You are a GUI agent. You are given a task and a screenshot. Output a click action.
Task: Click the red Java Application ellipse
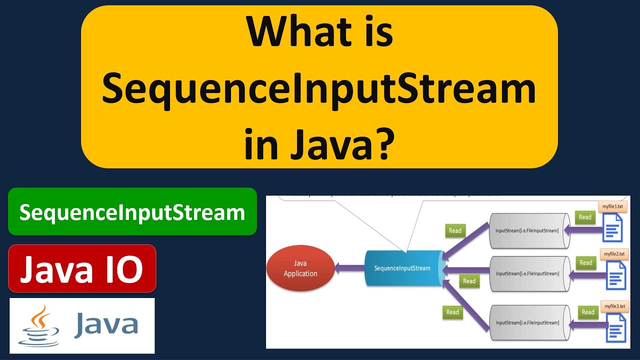(300, 268)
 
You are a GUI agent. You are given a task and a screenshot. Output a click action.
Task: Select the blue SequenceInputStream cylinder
(402, 268)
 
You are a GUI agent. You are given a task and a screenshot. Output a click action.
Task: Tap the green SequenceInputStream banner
(132, 212)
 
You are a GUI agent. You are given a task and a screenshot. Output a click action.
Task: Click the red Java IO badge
(82, 268)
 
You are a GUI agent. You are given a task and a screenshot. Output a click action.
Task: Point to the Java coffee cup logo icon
(38, 325)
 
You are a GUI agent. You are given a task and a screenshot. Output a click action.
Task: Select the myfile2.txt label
(614, 254)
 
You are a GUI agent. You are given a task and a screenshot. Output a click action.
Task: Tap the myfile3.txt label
(614, 306)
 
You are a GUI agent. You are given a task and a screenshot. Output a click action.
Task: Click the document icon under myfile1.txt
(613, 227)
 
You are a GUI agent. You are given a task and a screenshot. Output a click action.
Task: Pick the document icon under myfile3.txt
(615, 327)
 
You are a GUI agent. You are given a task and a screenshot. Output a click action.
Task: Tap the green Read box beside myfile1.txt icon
(585, 217)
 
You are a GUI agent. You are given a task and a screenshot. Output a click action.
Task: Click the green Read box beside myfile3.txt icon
(588, 312)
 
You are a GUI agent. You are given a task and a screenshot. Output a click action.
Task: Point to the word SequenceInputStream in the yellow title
(319, 90)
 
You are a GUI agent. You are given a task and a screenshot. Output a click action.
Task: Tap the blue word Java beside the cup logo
(106, 324)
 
